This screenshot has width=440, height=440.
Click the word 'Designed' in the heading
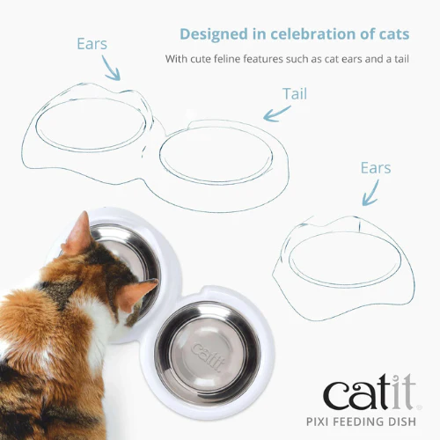[x=214, y=34]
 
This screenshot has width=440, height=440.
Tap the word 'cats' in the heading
[x=394, y=34]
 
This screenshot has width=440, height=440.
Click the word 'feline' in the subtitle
[x=227, y=59]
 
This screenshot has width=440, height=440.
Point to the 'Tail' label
[x=295, y=94]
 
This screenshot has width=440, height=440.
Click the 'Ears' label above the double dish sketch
[x=92, y=44]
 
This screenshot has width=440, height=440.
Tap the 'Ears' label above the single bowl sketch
[x=376, y=168]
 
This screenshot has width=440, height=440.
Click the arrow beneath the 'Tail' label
[x=275, y=114]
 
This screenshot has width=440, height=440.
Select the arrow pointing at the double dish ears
[x=111, y=69]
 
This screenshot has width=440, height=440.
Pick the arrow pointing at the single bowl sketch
[x=371, y=194]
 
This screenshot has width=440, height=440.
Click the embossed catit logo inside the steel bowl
[x=208, y=356]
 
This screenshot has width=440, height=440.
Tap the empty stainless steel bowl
[x=208, y=354]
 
